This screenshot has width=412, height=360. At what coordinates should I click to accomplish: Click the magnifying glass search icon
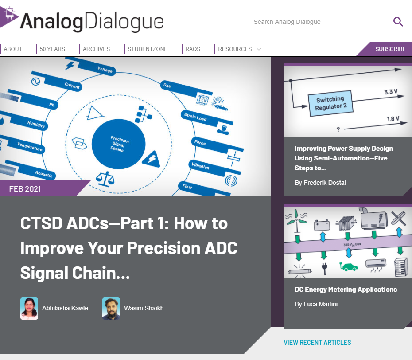(398, 22)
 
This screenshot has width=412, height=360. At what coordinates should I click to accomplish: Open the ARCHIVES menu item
(97, 49)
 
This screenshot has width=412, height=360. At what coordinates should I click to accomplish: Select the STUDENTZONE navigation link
(148, 49)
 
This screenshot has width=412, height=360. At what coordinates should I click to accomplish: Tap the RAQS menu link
(193, 49)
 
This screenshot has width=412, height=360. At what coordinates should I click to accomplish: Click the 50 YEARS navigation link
(52, 49)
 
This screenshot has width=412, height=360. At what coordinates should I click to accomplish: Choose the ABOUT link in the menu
(13, 49)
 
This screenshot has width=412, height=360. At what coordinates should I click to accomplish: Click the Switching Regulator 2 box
(330, 103)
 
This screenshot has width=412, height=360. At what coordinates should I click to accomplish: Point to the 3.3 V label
(391, 92)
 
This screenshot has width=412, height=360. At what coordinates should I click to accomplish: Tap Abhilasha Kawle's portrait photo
(29, 309)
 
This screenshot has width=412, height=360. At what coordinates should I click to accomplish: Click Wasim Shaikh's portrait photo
(111, 309)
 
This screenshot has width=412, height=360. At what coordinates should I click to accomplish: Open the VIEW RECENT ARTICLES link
(317, 343)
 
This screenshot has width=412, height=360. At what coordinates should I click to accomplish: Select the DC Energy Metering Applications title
(346, 290)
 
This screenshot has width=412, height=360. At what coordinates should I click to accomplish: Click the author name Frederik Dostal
(325, 183)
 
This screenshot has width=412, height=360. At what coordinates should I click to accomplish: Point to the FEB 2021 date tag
(25, 189)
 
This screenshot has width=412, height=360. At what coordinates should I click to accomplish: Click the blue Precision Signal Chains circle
(118, 144)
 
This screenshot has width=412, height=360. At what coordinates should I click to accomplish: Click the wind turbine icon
(297, 220)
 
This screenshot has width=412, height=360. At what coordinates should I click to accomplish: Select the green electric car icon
(349, 266)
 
